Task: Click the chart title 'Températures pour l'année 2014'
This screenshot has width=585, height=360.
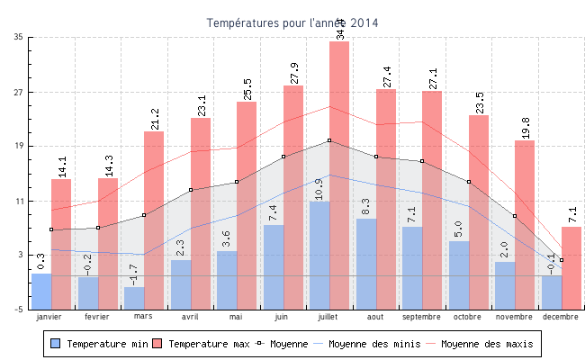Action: click(292, 22)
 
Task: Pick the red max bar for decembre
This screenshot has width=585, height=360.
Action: click(571, 267)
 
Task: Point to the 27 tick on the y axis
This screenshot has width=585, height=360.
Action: click(20, 93)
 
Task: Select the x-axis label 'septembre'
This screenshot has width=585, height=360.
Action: click(421, 317)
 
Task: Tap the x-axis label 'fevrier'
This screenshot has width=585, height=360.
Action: click(96, 317)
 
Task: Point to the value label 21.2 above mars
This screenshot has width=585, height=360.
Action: click(155, 119)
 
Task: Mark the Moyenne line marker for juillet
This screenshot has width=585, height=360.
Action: click(329, 140)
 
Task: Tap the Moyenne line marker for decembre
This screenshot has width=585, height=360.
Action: click(562, 260)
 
